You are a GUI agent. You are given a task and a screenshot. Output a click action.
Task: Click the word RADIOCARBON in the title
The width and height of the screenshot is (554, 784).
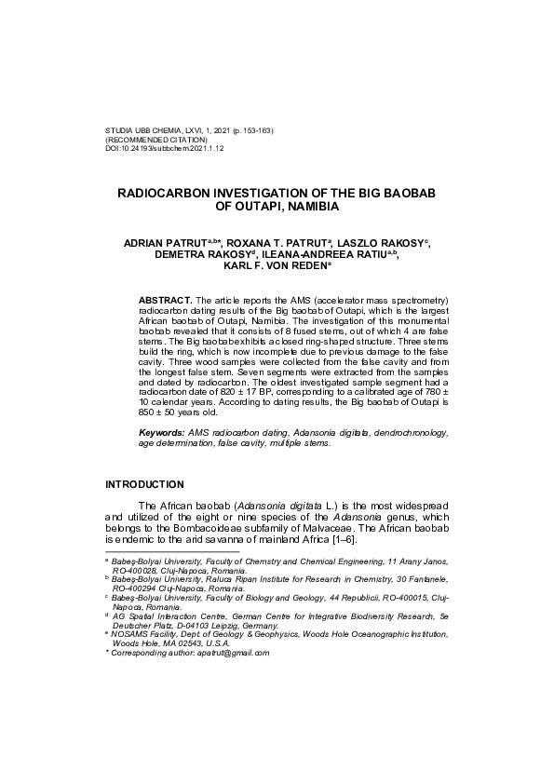tap(166, 193)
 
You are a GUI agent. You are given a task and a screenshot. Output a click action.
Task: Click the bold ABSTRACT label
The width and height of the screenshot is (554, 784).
tap(166, 301)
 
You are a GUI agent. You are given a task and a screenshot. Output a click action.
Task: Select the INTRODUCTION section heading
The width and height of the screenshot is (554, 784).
tap(144, 485)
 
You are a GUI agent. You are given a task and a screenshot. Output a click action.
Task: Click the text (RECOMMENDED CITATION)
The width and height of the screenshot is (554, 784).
tap(155, 140)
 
